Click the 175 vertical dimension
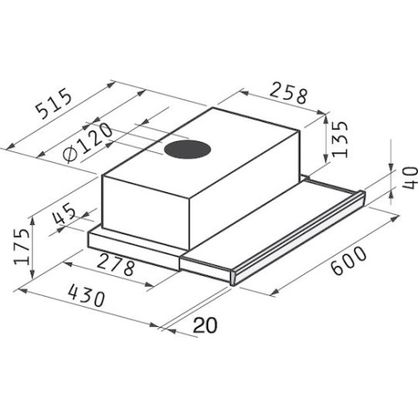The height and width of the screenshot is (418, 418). (x=26, y=242)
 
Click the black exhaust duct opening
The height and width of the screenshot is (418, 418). (x=187, y=151)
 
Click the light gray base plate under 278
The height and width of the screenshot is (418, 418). (x=134, y=251)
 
